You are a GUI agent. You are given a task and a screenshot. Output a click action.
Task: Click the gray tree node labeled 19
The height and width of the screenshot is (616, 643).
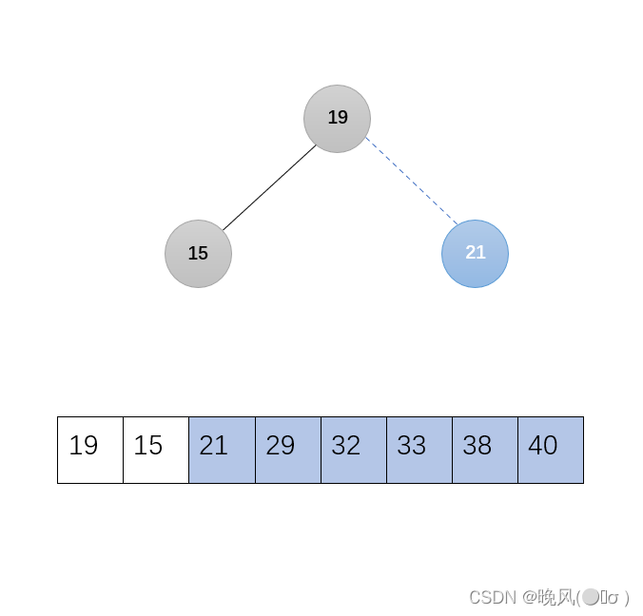tap(337, 118)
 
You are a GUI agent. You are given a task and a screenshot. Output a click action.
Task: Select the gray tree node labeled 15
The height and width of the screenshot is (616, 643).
tap(198, 254)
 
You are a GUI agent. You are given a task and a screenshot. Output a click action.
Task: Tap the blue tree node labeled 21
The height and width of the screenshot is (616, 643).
tap(475, 254)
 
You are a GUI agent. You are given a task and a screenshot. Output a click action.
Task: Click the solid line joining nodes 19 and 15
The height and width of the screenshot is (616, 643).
tap(268, 187)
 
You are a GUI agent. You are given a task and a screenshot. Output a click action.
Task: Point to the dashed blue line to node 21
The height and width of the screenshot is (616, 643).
tap(411, 181)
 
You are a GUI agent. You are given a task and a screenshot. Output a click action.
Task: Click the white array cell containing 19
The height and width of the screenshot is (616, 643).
tap(90, 450)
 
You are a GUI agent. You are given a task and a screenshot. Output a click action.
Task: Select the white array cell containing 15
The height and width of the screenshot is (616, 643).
tap(156, 450)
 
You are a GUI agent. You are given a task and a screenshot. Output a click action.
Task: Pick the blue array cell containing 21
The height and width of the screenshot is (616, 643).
tap(222, 450)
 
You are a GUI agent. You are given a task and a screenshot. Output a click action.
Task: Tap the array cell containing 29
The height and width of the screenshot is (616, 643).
tap(287, 450)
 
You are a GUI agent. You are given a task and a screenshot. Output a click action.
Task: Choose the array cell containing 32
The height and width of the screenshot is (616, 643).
tap(353, 450)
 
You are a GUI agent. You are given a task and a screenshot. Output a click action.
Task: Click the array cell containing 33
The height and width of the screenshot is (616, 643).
tap(419, 450)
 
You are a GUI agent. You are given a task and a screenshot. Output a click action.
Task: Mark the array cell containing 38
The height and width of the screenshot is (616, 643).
tap(484, 450)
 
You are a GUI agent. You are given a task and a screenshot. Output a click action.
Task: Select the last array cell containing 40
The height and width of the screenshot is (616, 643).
tap(551, 450)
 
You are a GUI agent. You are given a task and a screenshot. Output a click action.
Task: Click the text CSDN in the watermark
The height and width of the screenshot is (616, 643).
tap(492, 597)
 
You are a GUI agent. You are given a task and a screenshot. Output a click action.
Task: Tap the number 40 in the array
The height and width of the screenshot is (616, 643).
tap(542, 446)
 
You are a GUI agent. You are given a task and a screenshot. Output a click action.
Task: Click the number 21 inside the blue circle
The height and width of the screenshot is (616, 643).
tap(476, 253)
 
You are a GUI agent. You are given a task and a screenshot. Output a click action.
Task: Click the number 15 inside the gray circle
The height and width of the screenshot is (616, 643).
tap(198, 254)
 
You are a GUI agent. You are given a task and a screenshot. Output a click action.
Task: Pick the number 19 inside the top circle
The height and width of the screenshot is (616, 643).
tap(338, 118)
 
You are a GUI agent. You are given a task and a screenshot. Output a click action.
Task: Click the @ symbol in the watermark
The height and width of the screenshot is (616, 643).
tap(529, 597)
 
